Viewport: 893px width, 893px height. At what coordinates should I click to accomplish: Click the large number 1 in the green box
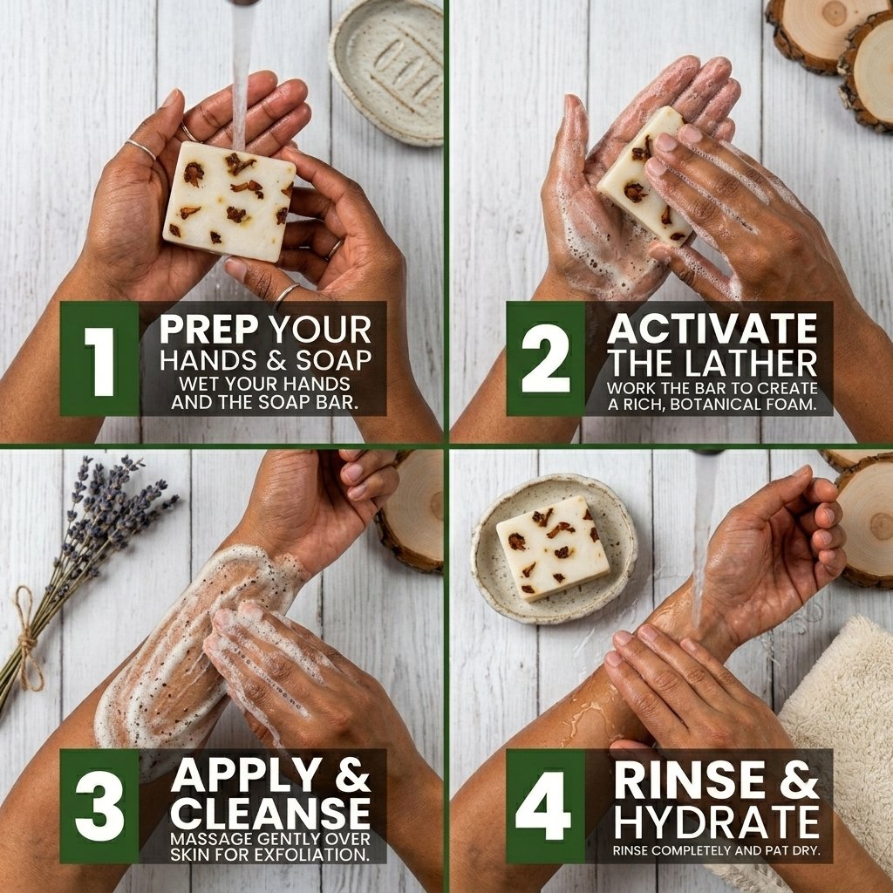coord(101,361)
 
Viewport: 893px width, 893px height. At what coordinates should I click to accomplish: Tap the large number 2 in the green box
coord(545,358)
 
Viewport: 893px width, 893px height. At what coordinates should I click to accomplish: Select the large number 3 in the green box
coord(99,807)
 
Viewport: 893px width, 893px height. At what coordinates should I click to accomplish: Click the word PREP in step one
coord(209,329)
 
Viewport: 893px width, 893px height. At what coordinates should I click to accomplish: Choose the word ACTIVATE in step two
coord(712,329)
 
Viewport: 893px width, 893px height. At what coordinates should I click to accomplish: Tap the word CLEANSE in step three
coord(270,813)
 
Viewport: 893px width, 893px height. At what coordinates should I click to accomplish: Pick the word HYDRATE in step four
coord(717,822)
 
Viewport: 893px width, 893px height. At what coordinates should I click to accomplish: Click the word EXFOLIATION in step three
coord(310,855)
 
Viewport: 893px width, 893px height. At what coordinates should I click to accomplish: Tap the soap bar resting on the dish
coord(553,548)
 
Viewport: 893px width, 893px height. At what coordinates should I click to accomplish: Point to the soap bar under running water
coord(229,201)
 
